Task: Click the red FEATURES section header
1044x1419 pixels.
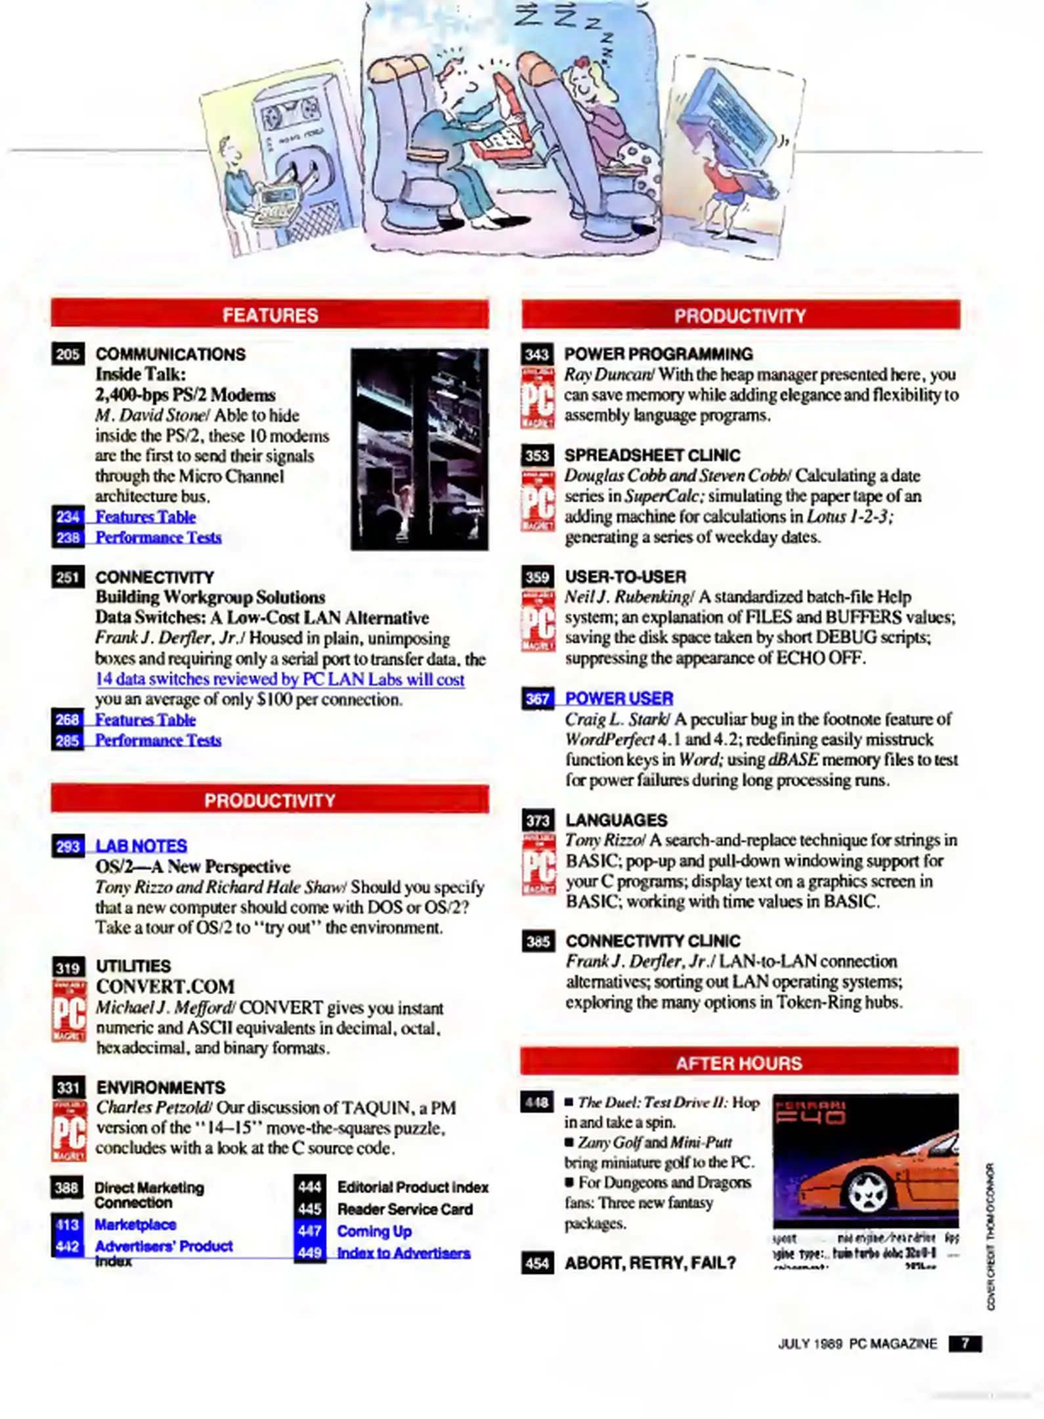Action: pos(270,315)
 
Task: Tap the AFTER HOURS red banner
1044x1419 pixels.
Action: pos(739,1062)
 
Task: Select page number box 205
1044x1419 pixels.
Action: pos(68,354)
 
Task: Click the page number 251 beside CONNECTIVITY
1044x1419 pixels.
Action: pos(68,577)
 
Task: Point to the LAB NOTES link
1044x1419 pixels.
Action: pos(141,845)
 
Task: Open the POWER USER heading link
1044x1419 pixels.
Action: pos(619,698)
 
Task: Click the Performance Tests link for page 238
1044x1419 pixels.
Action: pos(158,537)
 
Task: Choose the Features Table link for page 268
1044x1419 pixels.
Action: pos(145,719)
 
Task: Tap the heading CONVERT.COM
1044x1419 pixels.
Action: pos(165,986)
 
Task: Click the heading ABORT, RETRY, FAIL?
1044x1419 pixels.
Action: pos(650,1262)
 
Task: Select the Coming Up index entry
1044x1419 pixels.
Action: pos(374,1231)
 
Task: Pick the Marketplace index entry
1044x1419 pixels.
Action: pos(135,1224)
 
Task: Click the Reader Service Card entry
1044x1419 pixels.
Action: pos(404,1209)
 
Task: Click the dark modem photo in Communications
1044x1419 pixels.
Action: pos(420,449)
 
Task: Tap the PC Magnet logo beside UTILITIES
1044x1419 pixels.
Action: pos(69,1010)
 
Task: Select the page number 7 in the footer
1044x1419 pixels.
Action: pos(965,1343)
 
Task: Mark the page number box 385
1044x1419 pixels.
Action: pos(538,941)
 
